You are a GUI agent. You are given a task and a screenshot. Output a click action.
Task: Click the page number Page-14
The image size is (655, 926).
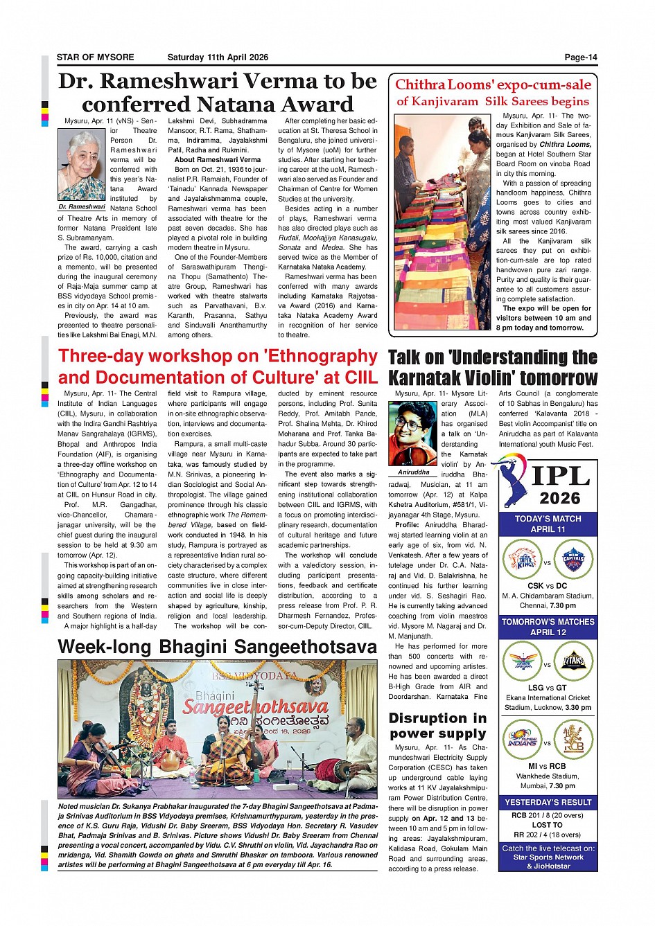[580, 57]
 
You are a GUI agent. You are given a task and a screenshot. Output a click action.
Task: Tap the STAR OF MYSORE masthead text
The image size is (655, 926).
[96, 57]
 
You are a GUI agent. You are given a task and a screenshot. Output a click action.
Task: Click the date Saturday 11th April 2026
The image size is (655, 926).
[217, 57]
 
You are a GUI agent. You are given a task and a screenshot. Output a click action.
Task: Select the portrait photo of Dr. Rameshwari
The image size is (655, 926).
[81, 166]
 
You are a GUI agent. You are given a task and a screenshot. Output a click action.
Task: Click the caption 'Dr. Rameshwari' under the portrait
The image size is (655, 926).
[81, 207]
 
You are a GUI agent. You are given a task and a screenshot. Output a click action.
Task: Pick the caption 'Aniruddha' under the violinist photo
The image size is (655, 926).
[413, 472]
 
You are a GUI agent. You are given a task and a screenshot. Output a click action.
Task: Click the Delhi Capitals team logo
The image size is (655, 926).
[573, 558]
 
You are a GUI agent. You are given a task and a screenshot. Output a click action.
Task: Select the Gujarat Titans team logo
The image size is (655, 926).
[573, 661]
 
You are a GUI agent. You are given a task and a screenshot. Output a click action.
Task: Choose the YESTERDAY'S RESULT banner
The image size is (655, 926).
[548, 802]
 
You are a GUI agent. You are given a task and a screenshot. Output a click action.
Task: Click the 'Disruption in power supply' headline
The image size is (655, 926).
[437, 726]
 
